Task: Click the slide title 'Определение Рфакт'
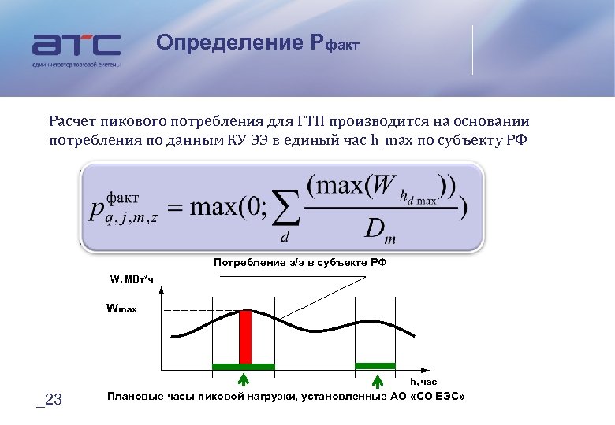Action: (257, 42)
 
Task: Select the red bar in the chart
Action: (245, 336)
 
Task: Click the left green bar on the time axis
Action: (244, 367)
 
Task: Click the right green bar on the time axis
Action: (375, 365)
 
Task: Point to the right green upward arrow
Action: (376, 381)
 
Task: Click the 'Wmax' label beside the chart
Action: (122, 309)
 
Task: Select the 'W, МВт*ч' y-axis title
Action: (131, 278)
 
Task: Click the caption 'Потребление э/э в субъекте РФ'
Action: (300, 262)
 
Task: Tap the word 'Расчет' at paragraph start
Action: (72, 121)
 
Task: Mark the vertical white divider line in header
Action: (473, 50)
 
